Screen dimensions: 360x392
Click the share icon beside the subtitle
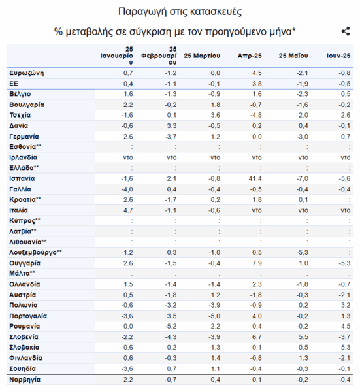tap(346, 31)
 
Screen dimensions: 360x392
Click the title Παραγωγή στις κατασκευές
tap(180, 12)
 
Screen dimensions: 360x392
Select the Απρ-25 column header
tap(250, 56)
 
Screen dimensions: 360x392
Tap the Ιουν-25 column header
tap(338, 56)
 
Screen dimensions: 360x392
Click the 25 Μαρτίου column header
tap(202, 56)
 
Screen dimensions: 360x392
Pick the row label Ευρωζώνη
tap(27, 73)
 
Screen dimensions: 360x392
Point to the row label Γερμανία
tap(24, 137)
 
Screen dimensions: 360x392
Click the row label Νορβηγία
tap(25, 380)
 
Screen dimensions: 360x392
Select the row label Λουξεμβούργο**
tap(35, 252)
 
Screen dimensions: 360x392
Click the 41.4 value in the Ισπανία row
tap(255, 179)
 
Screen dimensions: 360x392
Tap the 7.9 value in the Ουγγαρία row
tap(257, 263)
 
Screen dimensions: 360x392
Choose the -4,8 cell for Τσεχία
tap(256, 115)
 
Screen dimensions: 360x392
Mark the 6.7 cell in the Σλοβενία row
tap(257, 337)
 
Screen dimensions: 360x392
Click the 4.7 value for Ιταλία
tap(128, 210)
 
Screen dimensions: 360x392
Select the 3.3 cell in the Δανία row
tap(172, 125)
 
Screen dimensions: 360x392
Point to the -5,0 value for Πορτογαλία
tap(214, 316)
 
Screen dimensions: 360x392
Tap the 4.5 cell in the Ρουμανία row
tap(346, 327)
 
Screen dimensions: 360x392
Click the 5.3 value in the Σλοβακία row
tap(346, 348)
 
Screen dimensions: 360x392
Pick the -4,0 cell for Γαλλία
tap(127, 189)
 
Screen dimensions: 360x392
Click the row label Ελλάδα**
tap(24, 167)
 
